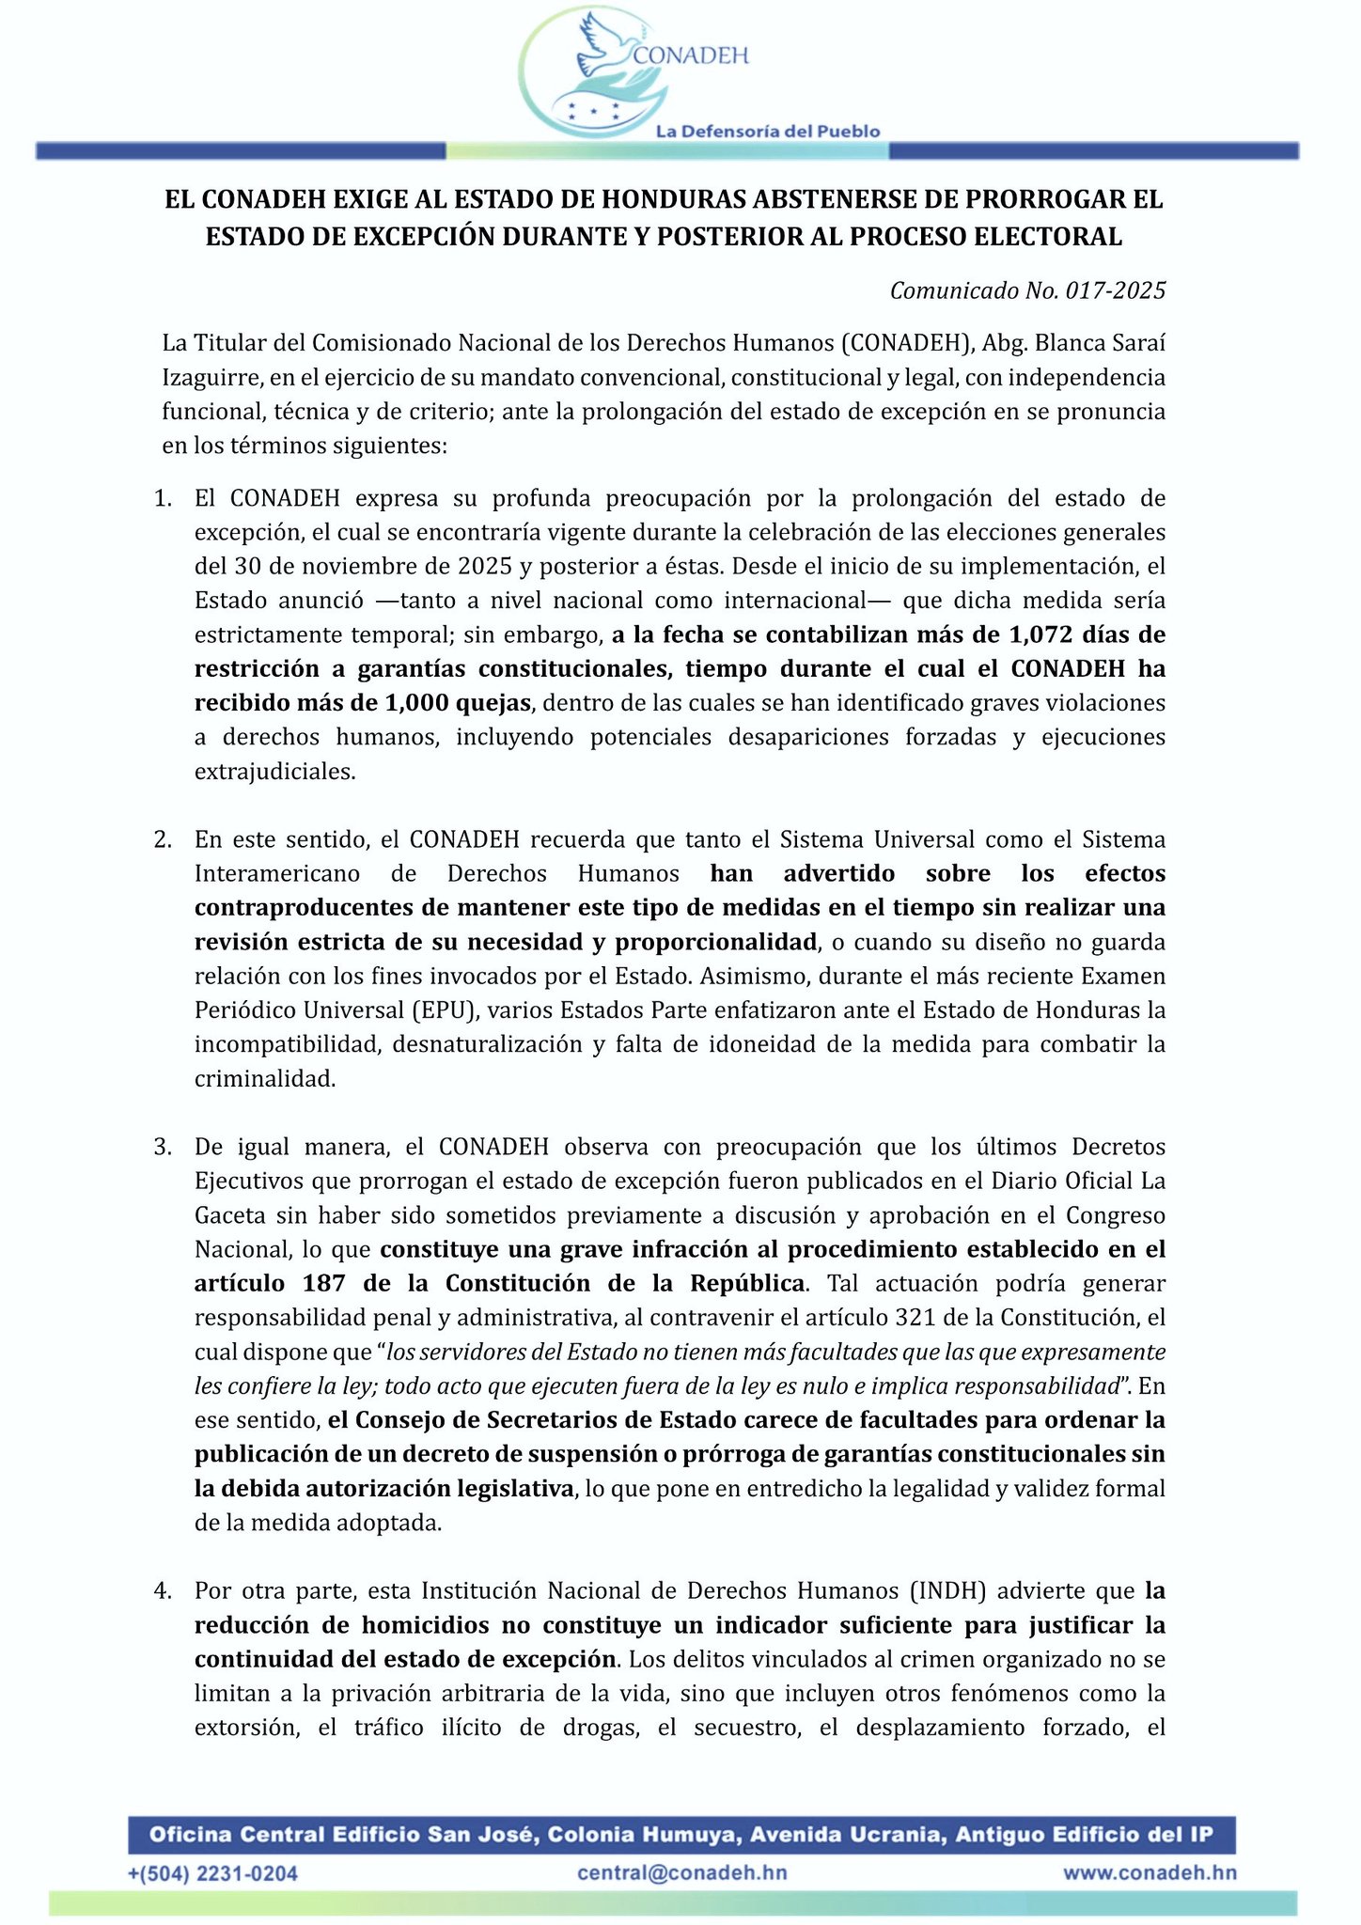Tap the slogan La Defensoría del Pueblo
tap(767, 132)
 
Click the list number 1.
tap(162, 498)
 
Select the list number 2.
tap(162, 839)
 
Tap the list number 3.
tap(162, 1147)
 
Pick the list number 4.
tap(162, 1591)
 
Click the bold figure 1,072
tap(1041, 634)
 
